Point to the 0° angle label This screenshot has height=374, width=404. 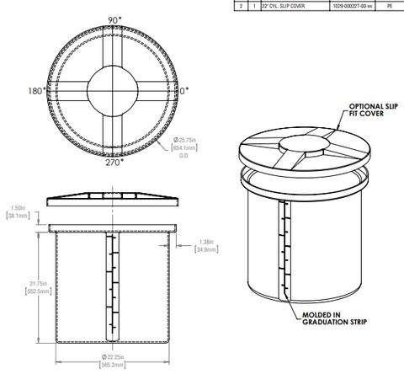tap(184, 90)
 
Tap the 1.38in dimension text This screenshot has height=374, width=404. tap(206, 242)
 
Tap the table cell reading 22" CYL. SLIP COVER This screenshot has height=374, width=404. tap(285, 7)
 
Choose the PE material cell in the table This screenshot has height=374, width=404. tap(389, 7)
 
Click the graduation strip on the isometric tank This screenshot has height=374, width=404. tap(284, 253)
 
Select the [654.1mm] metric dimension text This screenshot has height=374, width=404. tap(185, 147)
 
